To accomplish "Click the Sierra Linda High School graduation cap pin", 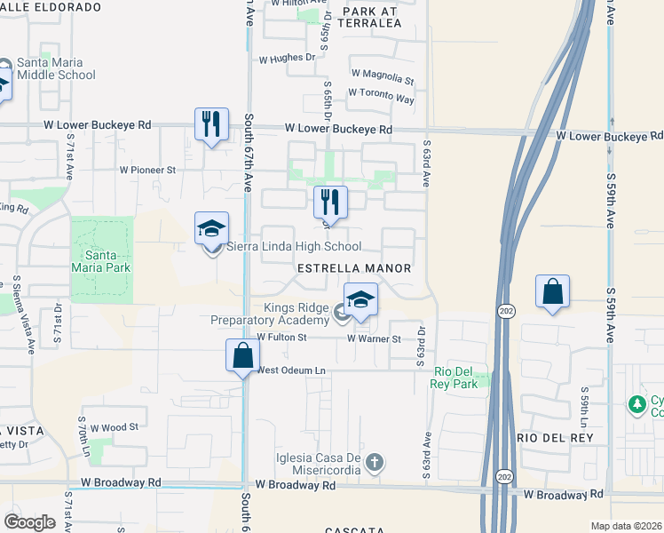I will (212, 229).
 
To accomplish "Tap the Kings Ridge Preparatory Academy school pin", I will (360, 300).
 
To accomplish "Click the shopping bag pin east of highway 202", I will (552, 291).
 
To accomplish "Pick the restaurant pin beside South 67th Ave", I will (211, 125).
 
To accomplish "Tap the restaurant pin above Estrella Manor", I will (330, 202).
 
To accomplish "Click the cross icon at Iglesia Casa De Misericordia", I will (375, 461).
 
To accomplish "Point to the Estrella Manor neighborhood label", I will (354, 268).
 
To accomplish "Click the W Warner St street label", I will (375, 338).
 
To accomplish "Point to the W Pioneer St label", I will (148, 169).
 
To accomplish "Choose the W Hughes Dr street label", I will (287, 60).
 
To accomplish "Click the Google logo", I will (29, 521).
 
